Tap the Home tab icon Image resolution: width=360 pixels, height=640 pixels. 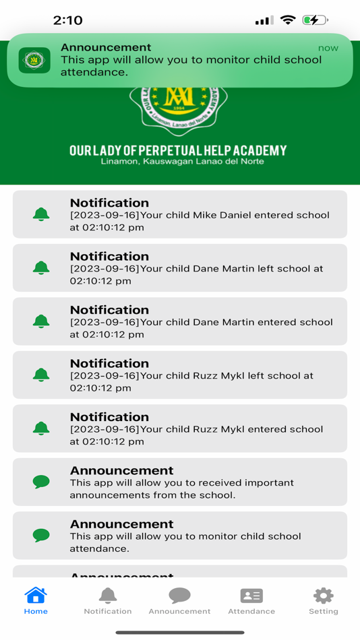tap(36, 596)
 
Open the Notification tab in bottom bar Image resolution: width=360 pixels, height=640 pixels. tap(108, 596)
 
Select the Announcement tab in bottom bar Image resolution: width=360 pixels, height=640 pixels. tap(179, 596)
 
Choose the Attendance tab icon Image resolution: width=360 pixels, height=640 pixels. tap(251, 596)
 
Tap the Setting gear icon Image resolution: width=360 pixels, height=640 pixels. tap(324, 596)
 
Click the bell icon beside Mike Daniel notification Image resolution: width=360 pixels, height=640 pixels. tap(41, 214)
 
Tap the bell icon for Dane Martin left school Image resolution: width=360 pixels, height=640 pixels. tap(41, 267)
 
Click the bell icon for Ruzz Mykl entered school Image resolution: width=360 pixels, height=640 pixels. tap(41, 428)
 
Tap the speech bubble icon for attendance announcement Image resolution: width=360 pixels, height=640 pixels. tap(41, 536)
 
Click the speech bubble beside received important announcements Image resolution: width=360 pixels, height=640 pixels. tap(41, 482)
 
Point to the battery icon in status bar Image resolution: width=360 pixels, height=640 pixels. tap(315, 20)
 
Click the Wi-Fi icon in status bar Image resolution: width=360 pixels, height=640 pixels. tap(288, 20)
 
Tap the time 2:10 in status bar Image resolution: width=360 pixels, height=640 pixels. tap(67, 20)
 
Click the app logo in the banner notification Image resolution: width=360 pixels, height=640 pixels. tap(34, 60)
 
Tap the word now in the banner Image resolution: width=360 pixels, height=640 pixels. tap(328, 48)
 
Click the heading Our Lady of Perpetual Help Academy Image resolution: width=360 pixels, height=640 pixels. tap(178, 150)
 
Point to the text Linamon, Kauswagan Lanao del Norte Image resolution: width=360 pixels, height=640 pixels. tap(182, 162)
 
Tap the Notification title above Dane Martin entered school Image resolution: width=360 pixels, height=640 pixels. tap(109, 310)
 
